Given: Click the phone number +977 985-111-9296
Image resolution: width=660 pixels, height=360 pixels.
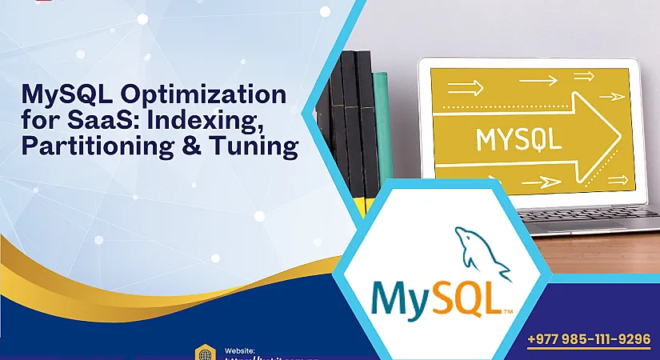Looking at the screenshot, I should pos(589,339).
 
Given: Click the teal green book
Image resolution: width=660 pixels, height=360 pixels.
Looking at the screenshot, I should pos(382,128).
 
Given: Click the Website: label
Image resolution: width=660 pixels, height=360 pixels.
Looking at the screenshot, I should pos(239,350).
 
